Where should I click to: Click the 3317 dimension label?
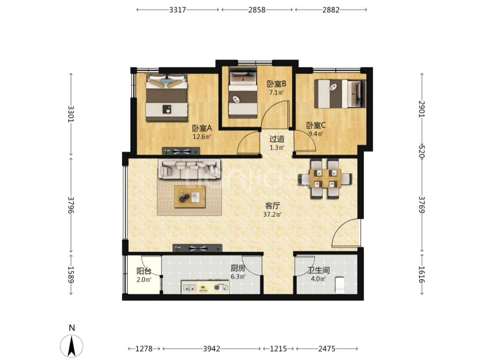click(x=177, y=10)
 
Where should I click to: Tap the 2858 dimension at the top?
click(x=257, y=10)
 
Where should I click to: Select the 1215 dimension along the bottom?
click(x=278, y=349)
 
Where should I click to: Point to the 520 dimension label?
click(x=422, y=152)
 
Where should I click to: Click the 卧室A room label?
click(x=202, y=128)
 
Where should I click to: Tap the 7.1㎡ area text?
click(x=276, y=92)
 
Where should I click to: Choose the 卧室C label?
click(x=316, y=125)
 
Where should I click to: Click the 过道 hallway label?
click(x=277, y=139)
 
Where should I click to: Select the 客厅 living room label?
click(x=272, y=206)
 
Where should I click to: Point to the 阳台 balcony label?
click(x=144, y=271)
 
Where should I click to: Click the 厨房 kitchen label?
click(x=238, y=268)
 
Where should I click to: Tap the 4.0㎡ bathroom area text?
click(x=318, y=279)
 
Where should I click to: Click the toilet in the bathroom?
click(x=339, y=285)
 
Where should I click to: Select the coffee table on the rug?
click(x=189, y=197)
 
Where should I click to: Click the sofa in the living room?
click(x=189, y=169)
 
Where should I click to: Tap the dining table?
click(x=325, y=178)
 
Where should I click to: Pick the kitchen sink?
click(x=189, y=287)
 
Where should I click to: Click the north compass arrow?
click(x=71, y=346)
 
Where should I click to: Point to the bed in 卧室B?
click(x=243, y=92)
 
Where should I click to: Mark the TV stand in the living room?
click(x=198, y=248)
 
